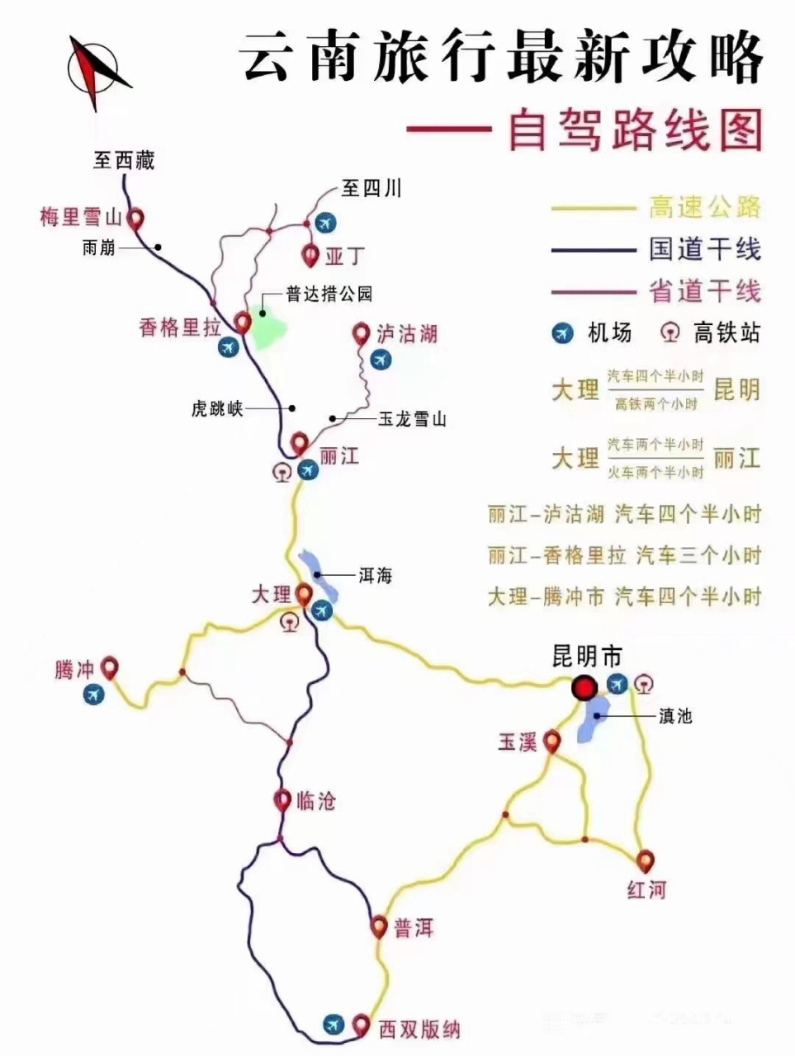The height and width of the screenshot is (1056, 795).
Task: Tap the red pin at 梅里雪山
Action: pos(135,218)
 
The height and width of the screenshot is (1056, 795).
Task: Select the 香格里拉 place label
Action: pos(180,328)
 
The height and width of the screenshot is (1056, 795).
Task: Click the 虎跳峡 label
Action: pos(217,408)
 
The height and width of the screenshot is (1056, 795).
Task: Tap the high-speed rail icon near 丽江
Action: pos(282,472)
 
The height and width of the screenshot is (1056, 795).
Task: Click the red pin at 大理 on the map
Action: pos(303,593)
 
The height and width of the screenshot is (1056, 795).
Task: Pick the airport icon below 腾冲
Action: pos(94,695)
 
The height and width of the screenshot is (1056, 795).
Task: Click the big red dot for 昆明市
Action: pos(585,686)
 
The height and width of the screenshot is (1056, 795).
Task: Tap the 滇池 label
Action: pos(674,716)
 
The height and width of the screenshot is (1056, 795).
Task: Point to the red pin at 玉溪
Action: pos(552,742)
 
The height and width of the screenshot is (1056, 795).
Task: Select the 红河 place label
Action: pos(646,889)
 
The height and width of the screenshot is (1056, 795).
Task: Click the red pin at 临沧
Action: pos(282,799)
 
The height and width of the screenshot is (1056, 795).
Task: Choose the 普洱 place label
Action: pos(413,928)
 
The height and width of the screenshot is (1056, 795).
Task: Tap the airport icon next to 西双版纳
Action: pos(333,1024)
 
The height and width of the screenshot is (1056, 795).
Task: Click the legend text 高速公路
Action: pos(704,207)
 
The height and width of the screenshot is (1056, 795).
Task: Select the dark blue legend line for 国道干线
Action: pos(594,250)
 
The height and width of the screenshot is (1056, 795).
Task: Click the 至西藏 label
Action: pos(124,160)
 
